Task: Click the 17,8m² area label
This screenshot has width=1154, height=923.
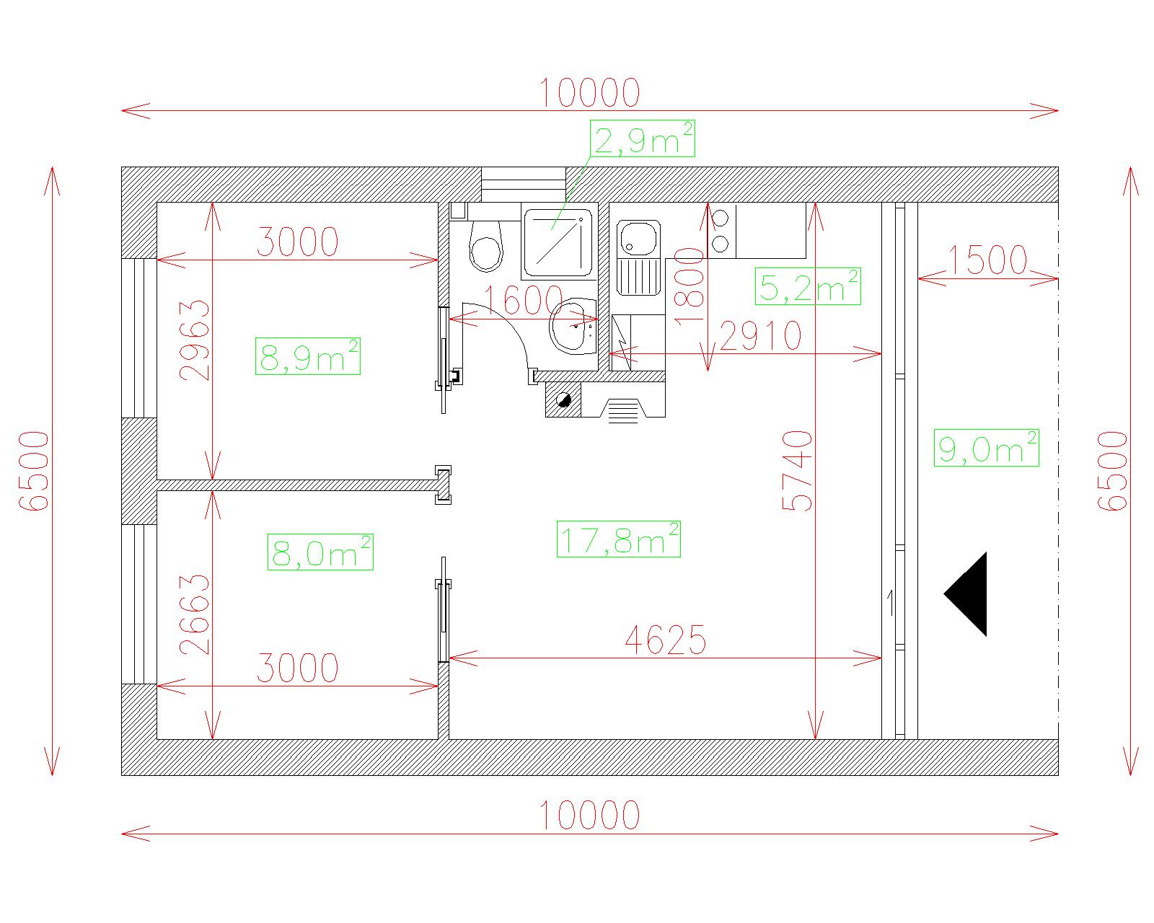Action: [x=618, y=539]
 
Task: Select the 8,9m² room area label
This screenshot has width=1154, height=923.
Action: [x=308, y=356]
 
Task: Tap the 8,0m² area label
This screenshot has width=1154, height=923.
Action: [x=321, y=552]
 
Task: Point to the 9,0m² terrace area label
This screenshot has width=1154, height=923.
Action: [x=986, y=448]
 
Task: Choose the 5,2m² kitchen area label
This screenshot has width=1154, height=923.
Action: [x=808, y=286]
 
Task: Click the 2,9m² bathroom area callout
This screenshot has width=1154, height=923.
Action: [x=643, y=138]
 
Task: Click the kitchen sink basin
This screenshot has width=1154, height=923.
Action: [x=638, y=239]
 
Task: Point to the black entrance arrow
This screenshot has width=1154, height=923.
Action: [x=965, y=594]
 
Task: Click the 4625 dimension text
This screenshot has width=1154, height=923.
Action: [x=666, y=640]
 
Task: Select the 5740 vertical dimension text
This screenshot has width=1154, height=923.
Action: [x=798, y=471]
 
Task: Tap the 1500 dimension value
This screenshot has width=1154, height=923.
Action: [x=987, y=260]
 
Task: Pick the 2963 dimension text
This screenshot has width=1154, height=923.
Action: [x=194, y=340]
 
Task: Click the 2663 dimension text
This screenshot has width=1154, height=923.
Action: [x=194, y=614]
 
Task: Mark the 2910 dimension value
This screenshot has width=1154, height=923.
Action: [x=760, y=336]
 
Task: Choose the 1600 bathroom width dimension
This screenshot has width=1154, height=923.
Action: [x=524, y=301]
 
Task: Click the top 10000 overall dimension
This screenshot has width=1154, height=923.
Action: [x=589, y=93]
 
